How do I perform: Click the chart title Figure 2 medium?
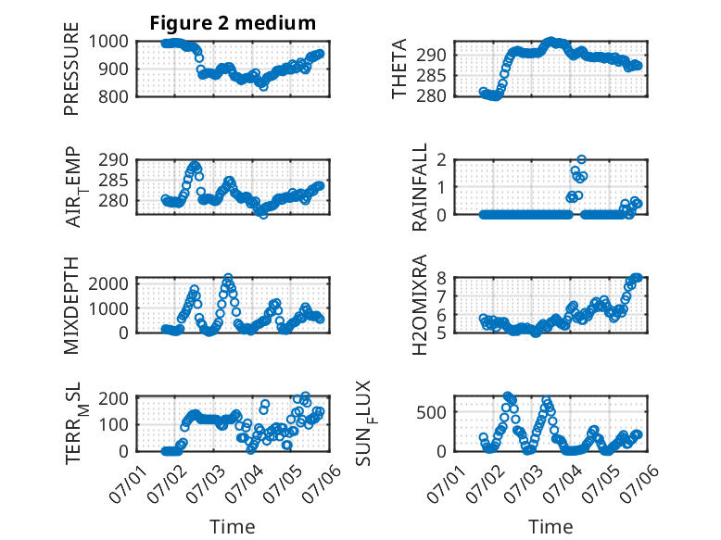point(233,23)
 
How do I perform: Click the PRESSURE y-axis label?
point(71,69)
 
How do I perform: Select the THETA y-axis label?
point(399,69)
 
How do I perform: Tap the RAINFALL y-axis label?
point(420,187)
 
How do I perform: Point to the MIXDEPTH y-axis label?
point(71,306)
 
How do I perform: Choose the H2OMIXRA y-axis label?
point(420,305)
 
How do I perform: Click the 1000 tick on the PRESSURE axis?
point(108,42)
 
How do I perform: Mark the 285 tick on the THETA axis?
point(431,76)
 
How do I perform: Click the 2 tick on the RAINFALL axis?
point(441,160)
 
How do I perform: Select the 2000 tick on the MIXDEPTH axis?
point(108,283)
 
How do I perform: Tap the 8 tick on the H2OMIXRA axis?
point(441,278)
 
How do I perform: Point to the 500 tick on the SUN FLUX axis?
point(431,412)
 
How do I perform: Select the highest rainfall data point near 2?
point(582,159)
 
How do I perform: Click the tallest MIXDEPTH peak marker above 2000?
point(228,278)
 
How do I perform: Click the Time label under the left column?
point(233,527)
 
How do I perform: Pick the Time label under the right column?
point(550,527)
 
